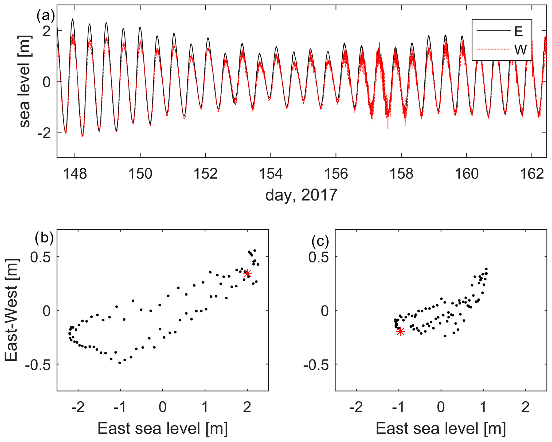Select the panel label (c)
[320, 241]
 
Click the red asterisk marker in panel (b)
[248, 273]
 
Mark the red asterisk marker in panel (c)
[400, 332]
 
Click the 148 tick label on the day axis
[75, 174]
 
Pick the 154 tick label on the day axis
[271, 174]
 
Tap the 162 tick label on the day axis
[532, 174]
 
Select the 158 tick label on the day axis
[401, 174]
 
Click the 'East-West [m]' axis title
[11, 310]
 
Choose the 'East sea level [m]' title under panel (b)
[163, 429]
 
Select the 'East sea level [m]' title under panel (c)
[441, 429]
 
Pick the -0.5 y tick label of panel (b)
[38, 364]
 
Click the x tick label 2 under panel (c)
[526, 408]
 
